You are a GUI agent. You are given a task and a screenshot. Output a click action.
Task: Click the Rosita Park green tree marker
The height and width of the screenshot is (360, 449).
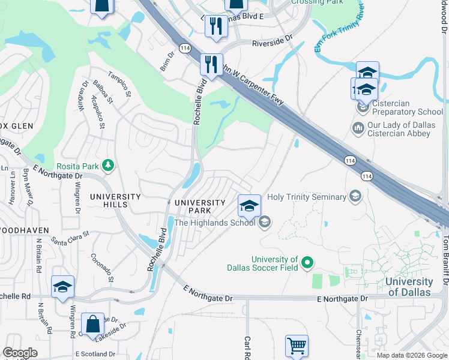pos(108,164)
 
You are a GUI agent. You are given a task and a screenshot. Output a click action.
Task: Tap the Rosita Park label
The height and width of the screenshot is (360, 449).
pos(77,166)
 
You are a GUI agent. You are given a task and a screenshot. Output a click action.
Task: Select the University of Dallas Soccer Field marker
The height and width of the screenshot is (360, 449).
pos(308,262)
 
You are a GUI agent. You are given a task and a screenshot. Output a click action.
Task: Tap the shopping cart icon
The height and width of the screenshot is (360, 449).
pos(297,345)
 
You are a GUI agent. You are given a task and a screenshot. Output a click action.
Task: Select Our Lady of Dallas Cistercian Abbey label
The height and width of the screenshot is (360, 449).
pos(408,129)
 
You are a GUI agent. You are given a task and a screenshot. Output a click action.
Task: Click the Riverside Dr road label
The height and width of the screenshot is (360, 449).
pos(272,43)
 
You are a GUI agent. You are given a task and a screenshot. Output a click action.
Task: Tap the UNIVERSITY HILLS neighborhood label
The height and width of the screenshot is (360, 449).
pos(115,200)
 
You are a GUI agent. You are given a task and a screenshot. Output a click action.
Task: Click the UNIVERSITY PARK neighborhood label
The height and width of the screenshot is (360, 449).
pos(200,207)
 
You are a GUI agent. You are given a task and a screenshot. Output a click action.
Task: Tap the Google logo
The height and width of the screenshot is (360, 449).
pos(20,353)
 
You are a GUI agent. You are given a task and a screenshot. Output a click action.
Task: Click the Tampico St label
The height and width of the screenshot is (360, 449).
pos(119,84)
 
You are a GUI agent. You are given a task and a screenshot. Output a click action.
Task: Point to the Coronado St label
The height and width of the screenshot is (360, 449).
pos(102,270)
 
